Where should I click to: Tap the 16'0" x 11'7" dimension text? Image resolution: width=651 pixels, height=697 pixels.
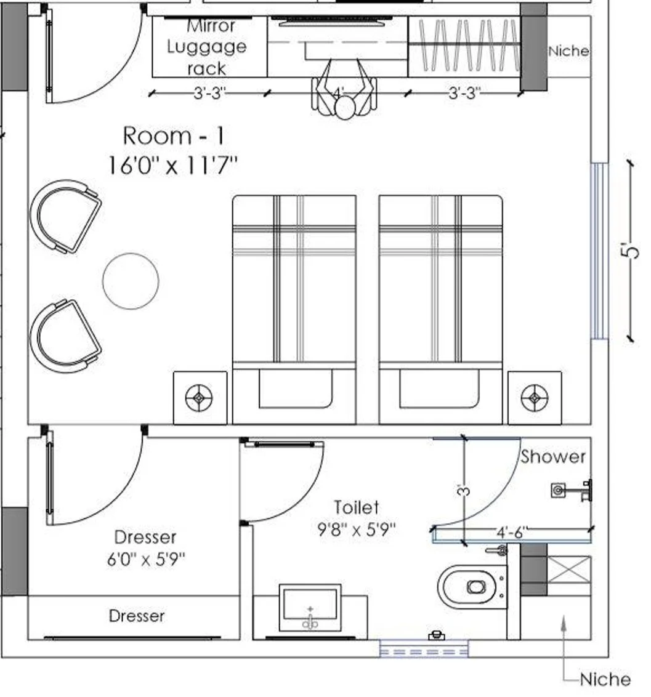(x=172, y=165)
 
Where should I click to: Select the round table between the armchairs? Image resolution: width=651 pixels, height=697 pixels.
(x=131, y=281)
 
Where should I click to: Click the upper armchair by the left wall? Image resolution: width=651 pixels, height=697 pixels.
(x=65, y=216)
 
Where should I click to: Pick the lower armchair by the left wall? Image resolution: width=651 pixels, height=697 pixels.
(x=65, y=336)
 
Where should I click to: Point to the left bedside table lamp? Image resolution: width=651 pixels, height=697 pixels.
(x=199, y=398)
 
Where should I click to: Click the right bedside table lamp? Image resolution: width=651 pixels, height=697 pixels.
(x=535, y=398)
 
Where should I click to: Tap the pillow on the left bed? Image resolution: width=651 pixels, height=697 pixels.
(x=295, y=389)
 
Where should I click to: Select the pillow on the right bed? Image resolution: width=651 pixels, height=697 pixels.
(x=439, y=389)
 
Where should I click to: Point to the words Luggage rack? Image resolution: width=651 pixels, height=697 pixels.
(x=207, y=57)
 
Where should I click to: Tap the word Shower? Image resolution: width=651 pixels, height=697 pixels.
(x=553, y=456)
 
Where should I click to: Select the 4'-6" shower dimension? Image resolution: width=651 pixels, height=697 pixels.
(x=511, y=531)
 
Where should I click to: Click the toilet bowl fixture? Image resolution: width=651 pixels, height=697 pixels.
(x=472, y=587)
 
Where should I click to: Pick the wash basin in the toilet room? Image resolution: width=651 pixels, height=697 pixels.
(x=310, y=608)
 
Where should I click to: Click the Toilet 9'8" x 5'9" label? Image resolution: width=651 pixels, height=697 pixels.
(x=357, y=518)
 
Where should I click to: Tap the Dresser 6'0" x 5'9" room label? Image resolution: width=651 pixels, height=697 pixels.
(x=146, y=547)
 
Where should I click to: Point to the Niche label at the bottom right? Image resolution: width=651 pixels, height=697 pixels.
(x=605, y=679)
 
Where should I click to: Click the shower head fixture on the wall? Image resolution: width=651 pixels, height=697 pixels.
(x=572, y=490)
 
